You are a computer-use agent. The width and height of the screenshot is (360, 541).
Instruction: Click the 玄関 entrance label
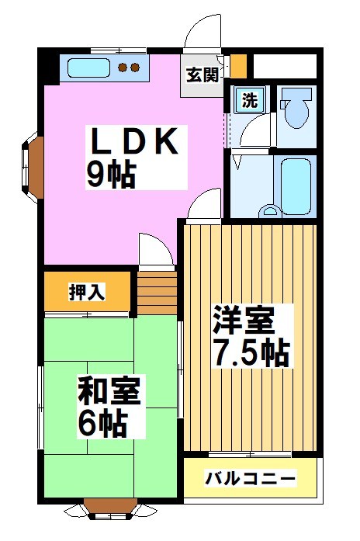(202, 75)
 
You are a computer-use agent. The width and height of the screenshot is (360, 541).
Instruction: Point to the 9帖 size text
(110, 175)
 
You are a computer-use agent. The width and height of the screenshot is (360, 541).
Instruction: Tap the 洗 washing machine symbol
(249, 100)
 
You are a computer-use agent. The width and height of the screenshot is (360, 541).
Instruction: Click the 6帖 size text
(102, 424)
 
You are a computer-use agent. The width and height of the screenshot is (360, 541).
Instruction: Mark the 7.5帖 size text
(251, 354)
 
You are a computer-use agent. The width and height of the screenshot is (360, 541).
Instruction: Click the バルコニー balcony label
(250, 479)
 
